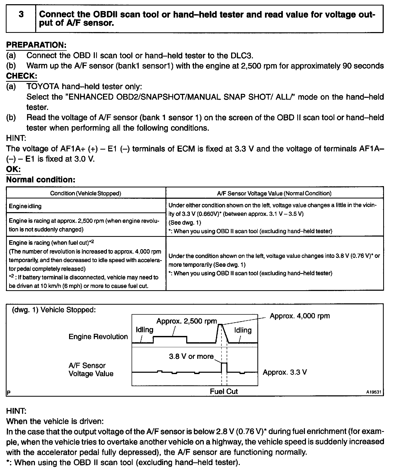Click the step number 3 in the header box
tap(21, 15)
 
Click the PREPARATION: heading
tap(36, 45)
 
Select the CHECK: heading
tap(22, 76)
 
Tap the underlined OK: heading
tap(13, 169)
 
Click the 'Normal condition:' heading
tap(41, 180)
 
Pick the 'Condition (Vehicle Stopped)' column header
tap(86, 193)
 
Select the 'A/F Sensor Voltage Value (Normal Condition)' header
tap(274, 193)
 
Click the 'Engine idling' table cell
tap(25, 206)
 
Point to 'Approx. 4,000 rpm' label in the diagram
tap(300, 316)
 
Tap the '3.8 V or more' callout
tap(191, 356)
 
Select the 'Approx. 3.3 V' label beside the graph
tap(285, 372)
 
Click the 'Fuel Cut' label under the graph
tap(224, 391)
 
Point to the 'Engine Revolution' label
tap(98, 337)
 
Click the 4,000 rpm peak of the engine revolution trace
tap(221, 325)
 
